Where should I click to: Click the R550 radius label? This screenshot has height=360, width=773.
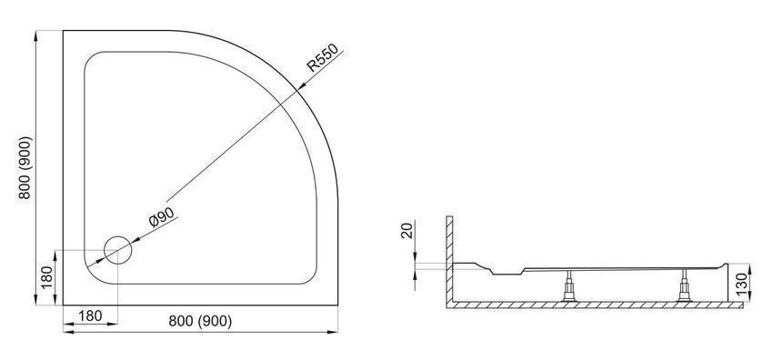pyautogui.click(x=323, y=58)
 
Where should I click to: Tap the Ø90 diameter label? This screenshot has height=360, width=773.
pyautogui.click(x=162, y=216)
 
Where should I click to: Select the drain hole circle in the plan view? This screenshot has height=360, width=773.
pyautogui.click(x=118, y=250)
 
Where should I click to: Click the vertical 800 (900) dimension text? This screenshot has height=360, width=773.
pyautogui.click(x=25, y=167)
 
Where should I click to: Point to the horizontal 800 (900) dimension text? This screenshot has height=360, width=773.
pyautogui.click(x=200, y=321)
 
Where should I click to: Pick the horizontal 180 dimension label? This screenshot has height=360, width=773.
pyautogui.click(x=90, y=315)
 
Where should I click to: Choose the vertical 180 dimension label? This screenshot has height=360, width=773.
pyautogui.click(x=45, y=278)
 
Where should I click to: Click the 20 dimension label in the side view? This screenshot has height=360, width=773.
pyautogui.click(x=407, y=230)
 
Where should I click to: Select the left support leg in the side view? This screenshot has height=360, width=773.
pyautogui.click(x=570, y=286)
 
